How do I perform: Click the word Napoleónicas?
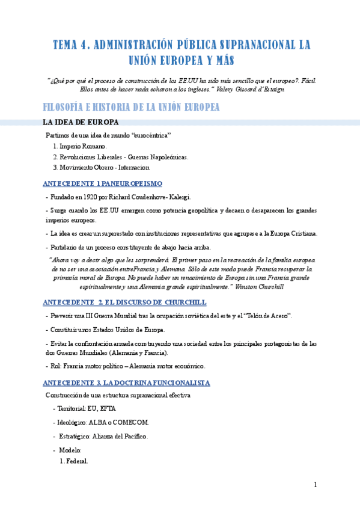coord(166,157)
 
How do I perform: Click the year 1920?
coord(92,197)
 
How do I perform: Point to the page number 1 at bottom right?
coord(314,485)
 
